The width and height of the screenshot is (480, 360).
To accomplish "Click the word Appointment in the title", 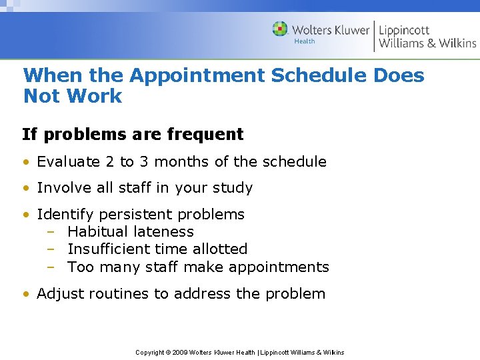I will tap(197, 76).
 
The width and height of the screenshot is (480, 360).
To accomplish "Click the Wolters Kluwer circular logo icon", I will tap(280, 29).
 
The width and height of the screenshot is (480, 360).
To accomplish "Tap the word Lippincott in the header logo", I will tap(404, 30).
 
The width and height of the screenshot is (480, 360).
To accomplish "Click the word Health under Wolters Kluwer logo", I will tap(305, 41).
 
